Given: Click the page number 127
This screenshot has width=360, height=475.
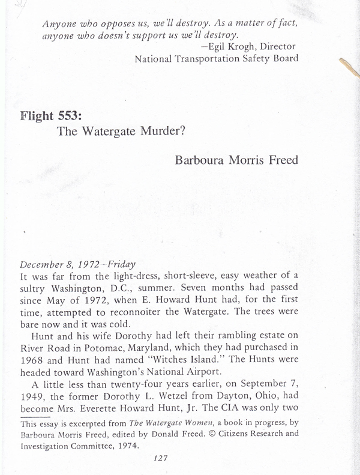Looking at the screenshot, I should click(159, 458).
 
